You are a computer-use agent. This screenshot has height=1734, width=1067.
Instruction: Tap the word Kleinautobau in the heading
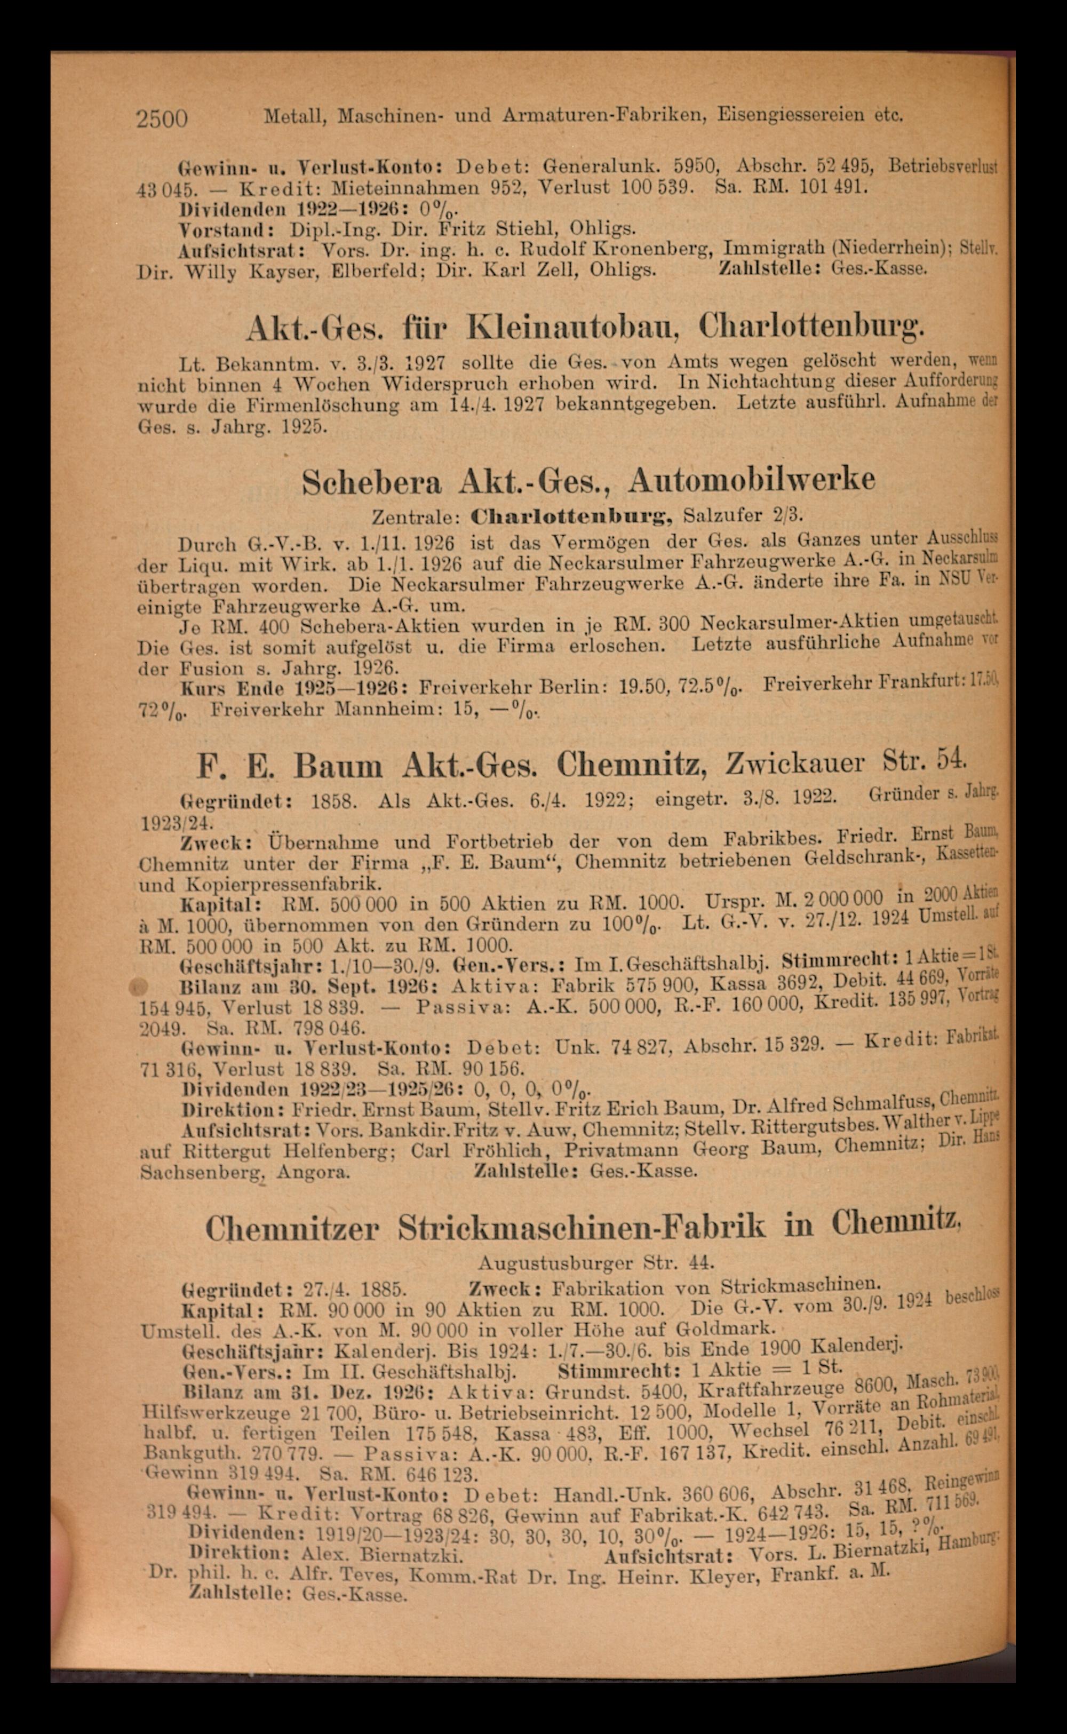point(575,326)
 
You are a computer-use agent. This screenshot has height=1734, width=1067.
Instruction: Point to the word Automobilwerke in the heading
point(752,479)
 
